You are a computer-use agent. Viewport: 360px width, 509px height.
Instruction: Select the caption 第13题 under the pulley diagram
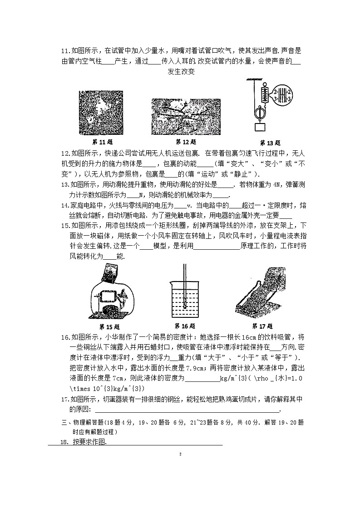(x=271, y=142)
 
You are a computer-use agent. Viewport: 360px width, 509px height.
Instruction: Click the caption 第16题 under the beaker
(x=185, y=326)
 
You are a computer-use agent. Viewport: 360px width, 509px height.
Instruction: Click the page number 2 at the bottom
(x=180, y=454)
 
